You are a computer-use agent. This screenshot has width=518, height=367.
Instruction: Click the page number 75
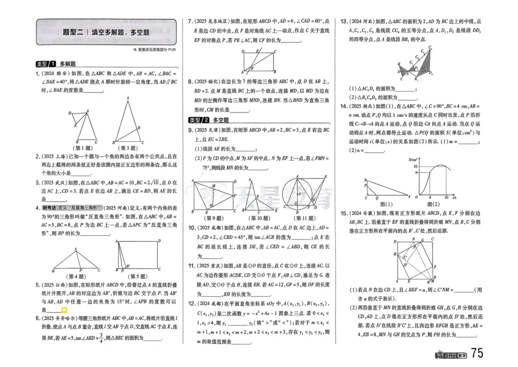pyautogui.click(x=477, y=353)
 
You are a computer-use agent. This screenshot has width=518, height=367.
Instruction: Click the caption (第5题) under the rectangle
pyautogui.click(x=138, y=276)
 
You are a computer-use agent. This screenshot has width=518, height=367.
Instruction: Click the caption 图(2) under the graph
pyautogui.click(x=435, y=203)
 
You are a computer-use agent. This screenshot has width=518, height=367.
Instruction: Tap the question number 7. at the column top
pyautogui.click(x=190, y=22)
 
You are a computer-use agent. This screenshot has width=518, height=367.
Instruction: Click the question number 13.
pyautogui.click(x=344, y=22)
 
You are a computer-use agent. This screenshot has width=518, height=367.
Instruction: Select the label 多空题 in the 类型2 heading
pyautogui.click(x=221, y=120)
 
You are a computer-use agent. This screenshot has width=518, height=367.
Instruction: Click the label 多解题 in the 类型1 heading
pyautogui.click(x=68, y=64)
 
